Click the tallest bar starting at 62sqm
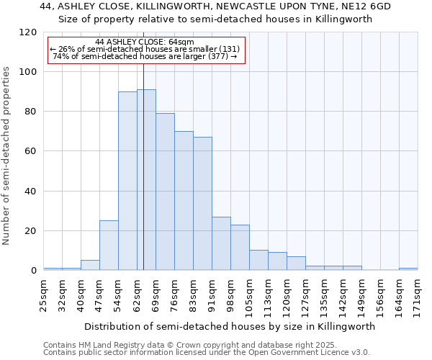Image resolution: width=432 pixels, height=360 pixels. pos(146,180)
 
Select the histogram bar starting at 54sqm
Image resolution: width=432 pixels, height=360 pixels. pos(127,181)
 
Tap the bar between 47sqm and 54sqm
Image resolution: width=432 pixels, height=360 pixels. pos(109,246)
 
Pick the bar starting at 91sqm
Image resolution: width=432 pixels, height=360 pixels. pos(221,243)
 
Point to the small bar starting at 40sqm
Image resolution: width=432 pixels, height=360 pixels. pos(90,265)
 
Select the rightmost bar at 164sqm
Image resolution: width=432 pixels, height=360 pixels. pos(408,269)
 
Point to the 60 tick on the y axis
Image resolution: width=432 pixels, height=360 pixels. pos(30,152)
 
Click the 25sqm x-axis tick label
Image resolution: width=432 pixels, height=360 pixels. pos(43,294)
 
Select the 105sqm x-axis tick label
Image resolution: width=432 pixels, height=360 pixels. pos(249,297)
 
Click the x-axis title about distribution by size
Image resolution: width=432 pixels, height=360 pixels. pos(230,326)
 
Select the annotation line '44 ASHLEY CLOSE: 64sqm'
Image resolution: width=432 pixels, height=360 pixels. pos(144,42)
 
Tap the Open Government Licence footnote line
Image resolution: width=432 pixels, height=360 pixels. pos(207,353)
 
